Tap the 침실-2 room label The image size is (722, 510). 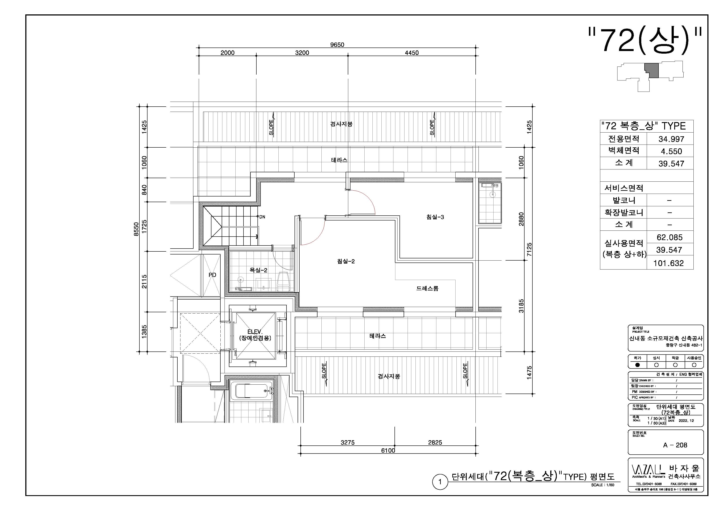point(346,261)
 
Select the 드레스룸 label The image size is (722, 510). point(427,288)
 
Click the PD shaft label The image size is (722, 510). point(212,275)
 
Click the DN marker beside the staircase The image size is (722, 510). point(262,217)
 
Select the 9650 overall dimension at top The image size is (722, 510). point(337,45)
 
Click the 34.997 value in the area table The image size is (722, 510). point(671,139)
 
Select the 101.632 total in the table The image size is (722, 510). point(669,263)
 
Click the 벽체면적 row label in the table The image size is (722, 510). point(624,150)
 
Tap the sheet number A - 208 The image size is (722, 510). point(675,445)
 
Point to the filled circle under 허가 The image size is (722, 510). point(637,365)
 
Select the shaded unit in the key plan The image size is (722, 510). point(652,70)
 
